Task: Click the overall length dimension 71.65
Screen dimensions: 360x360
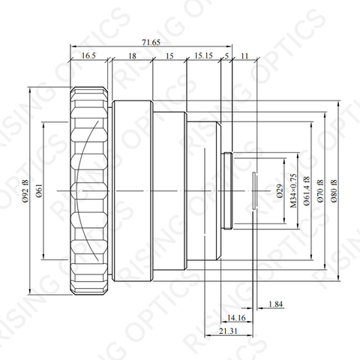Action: tap(151, 42)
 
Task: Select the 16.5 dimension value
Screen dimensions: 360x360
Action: tap(88, 55)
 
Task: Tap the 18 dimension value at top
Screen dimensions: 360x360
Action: tap(132, 55)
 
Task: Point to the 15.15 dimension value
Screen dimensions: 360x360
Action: tap(203, 55)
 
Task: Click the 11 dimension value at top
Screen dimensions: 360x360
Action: tap(244, 55)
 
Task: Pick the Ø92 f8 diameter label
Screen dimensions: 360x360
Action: tap(26, 191)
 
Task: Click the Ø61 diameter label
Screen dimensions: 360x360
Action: tap(39, 191)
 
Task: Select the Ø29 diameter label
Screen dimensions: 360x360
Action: tap(280, 191)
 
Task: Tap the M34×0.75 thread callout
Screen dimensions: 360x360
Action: tap(293, 190)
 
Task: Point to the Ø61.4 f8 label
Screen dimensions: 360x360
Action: tap(307, 191)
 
